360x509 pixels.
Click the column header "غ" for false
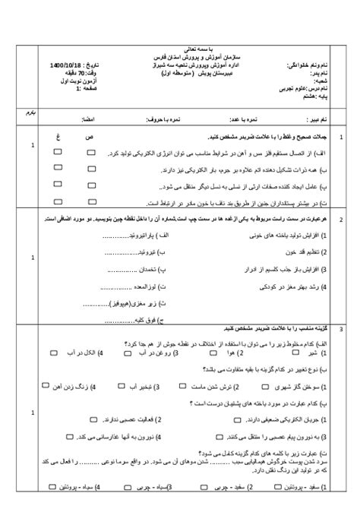tap(58, 137)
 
